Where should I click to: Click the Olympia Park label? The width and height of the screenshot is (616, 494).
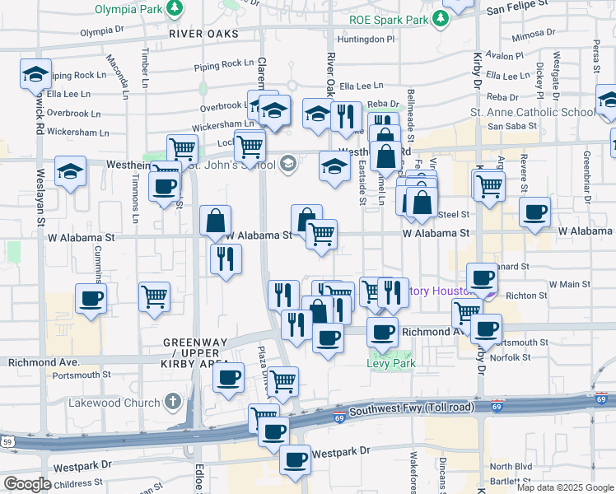pos(129,11)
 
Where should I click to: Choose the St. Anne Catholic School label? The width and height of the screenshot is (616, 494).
pos(532,113)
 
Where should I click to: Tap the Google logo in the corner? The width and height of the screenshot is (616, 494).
pos(26,484)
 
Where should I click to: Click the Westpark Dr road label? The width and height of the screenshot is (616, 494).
pos(341,453)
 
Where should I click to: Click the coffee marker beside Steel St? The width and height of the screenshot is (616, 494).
pos(534,213)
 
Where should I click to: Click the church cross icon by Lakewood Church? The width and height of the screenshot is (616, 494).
pos(171,402)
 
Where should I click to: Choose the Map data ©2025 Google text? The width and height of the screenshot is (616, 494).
pos(564,487)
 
